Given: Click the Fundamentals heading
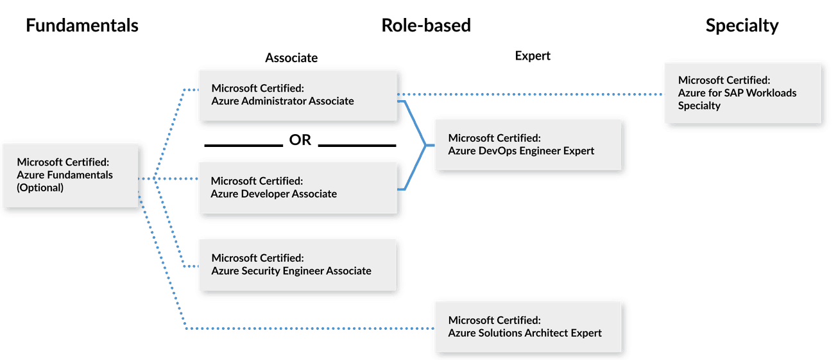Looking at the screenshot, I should click(x=81, y=25).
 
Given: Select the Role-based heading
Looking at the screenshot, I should click(x=426, y=25).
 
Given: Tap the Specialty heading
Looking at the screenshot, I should click(x=742, y=25).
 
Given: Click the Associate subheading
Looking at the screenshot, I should click(x=291, y=58).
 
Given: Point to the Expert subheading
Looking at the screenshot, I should click(x=533, y=56).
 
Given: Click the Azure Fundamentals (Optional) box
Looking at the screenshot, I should click(x=71, y=175).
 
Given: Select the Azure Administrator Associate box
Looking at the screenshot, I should click(x=298, y=95).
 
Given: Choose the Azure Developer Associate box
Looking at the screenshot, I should click(x=298, y=187).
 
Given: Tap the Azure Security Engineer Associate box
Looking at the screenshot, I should click(x=298, y=264).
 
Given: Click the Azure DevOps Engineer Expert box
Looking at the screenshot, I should click(x=528, y=144).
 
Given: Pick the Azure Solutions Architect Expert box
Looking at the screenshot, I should click(x=528, y=327).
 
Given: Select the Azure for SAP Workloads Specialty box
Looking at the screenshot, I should click(x=742, y=93).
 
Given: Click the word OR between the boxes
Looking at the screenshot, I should click(x=300, y=141).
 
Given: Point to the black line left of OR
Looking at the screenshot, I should click(x=243, y=146).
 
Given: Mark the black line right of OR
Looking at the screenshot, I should click(x=357, y=146).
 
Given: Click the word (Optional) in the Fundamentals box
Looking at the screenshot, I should click(x=40, y=187).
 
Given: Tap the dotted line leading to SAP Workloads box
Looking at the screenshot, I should click(x=533, y=95).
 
